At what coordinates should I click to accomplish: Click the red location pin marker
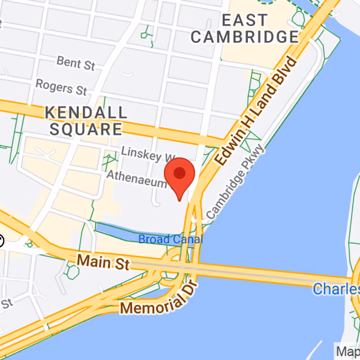point(180,175)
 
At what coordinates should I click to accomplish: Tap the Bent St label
point(76,63)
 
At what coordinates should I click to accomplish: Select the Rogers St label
point(61,87)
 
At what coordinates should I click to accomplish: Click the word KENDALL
point(85,112)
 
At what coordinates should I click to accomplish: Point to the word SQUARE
point(85,130)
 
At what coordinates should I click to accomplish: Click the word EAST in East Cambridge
point(244,20)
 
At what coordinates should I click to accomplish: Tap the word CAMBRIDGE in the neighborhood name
point(244,37)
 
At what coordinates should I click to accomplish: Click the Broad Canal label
point(171,239)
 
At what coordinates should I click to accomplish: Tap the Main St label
point(103,261)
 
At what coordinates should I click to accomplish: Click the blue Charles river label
point(336,288)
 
